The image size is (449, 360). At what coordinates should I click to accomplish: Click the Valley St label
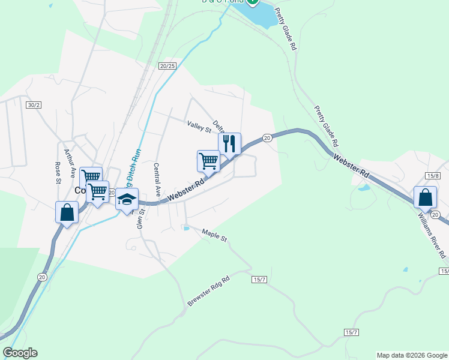[x=199, y=127]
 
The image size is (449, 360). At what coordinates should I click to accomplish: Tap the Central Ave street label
[x=158, y=180]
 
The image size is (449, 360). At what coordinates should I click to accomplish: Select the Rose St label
[x=58, y=172]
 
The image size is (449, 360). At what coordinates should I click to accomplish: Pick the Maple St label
[x=214, y=235]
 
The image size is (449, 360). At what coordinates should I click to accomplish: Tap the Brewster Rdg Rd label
[x=208, y=291]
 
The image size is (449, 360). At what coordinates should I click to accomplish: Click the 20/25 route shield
[x=168, y=65]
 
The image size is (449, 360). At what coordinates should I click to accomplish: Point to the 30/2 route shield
[x=34, y=105]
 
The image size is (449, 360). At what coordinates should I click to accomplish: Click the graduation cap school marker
[x=127, y=199]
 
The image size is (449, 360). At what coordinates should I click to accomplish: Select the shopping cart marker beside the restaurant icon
[x=208, y=160]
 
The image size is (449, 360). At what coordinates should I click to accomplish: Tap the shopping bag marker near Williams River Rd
[x=425, y=197]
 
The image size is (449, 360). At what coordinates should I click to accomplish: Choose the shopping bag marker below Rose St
[x=67, y=212]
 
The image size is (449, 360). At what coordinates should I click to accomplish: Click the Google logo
[x=20, y=353]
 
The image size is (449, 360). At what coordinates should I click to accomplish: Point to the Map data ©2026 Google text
[x=411, y=355]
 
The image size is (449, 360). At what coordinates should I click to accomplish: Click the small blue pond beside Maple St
[x=187, y=228]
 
